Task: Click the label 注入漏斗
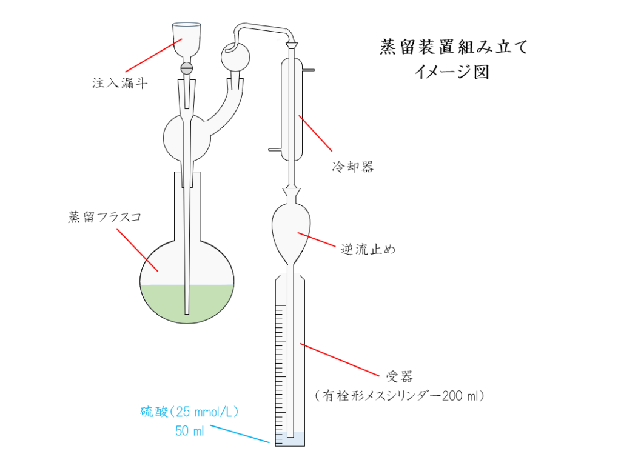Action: pos(119,83)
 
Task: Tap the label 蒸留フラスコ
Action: pos(104,217)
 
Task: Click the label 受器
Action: pos(400,376)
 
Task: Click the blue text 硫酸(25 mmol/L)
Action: pos(189,412)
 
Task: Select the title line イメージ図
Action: pos(452,72)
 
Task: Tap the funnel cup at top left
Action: pos(187,38)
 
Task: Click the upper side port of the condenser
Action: pos(308,71)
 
